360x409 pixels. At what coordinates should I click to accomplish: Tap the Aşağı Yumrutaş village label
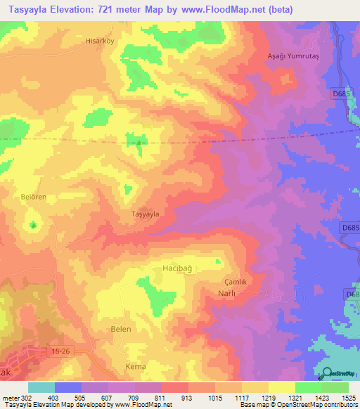pyautogui.click(x=293, y=56)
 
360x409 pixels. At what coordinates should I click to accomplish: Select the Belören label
pyautogui.click(x=32, y=197)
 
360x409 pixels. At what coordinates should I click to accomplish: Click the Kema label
pyautogui.click(x=115, y=367)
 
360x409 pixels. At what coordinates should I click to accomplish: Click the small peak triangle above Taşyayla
pyautogui.click(x=139, y=143)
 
